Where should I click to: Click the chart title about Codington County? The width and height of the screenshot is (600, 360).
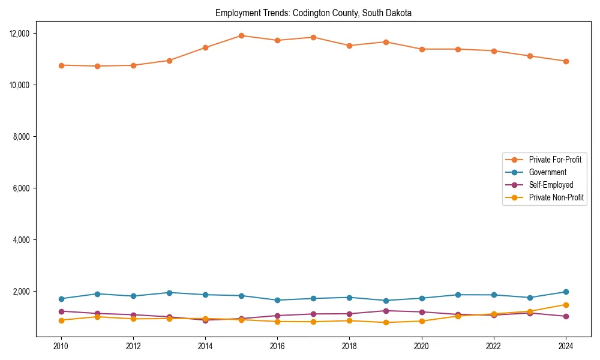coord(313,13)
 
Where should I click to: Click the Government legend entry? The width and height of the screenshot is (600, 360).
coord(547,172)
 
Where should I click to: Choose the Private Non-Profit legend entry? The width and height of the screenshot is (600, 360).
coord(556,197)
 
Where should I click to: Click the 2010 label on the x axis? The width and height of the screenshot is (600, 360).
coord(61,346)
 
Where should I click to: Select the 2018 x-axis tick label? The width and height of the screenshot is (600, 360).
coord(349,346)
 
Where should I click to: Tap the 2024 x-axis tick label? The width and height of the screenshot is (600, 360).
coord(566,346)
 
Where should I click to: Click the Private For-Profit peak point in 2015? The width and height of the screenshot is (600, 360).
coord(241,35)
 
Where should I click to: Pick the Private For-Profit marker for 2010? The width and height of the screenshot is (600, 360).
coord(61,65)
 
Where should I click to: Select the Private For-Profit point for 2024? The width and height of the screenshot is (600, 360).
coord(566,61)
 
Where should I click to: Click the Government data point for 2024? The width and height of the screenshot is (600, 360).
coord(566,292)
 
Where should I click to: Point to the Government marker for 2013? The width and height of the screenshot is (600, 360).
coord(169,293)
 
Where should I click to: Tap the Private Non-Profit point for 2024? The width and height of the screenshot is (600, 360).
coord(566,305)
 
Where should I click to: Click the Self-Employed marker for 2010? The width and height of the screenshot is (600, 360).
coord(61,311)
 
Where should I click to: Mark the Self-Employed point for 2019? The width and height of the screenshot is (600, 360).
coord(386,311)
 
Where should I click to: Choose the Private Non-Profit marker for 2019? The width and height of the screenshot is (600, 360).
coord(386,322)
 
